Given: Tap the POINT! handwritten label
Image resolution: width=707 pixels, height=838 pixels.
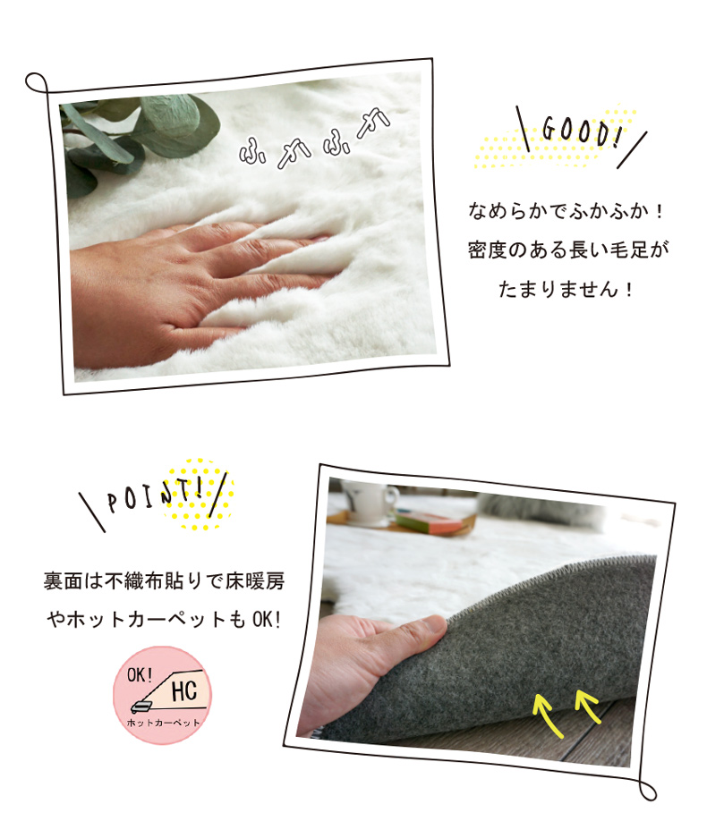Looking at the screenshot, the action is click(155, 496).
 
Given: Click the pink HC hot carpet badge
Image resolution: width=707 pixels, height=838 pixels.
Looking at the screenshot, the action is click(163, 695).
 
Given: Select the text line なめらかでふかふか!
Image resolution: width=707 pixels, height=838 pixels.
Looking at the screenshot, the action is click(566, 211).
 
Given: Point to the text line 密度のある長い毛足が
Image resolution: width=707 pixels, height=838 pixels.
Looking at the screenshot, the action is click(568, 250).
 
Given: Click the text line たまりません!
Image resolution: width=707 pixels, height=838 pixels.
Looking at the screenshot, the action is click(566, 289).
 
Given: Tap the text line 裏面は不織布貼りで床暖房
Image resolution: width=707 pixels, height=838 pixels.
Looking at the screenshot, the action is click(164, 581).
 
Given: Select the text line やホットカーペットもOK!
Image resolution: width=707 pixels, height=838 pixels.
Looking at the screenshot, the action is click(164, 620).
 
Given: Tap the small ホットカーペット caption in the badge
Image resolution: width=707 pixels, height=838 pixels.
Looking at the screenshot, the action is click(163, 723).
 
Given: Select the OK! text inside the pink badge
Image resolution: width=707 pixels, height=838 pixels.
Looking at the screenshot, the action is click(140, 674).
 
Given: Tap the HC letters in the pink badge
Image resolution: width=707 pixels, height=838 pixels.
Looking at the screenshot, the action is click(184, 690).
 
